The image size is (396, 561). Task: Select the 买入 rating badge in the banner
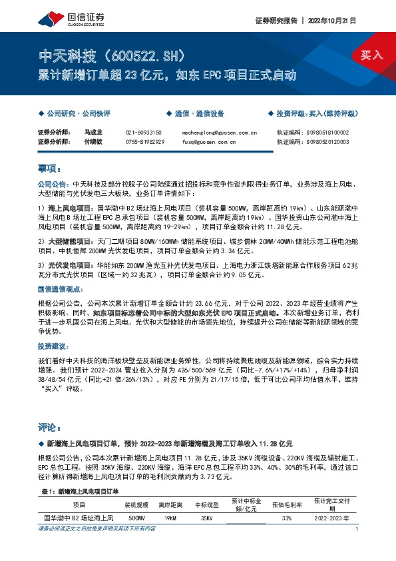click(x=372, y=55)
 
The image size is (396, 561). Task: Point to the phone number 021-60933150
click(x=145, y=133)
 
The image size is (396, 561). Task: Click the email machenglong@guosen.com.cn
click(x=219, y=133)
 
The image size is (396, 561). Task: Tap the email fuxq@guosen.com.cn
click(x=208, y=141)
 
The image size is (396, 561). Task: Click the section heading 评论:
click(x=51, y=426)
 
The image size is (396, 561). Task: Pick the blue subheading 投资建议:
click(x=54, y=347)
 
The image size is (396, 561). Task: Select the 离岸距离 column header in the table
click(x=170, y=505)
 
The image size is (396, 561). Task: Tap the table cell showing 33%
click(x=287, y=517)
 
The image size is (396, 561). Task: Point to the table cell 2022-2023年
click(x=331, y=517)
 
